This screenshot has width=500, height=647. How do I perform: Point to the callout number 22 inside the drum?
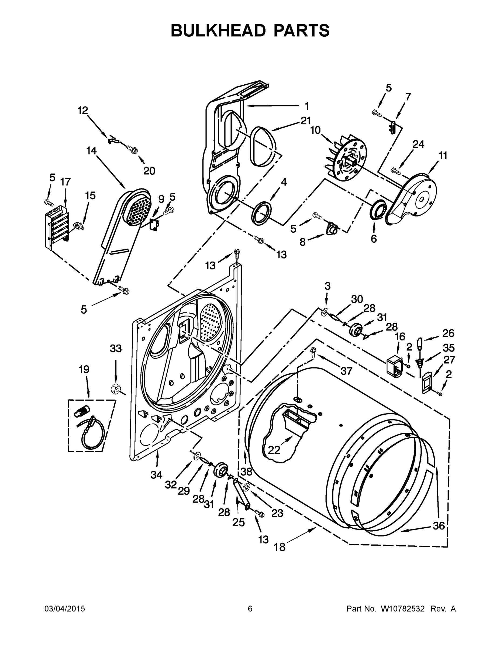[x=274, y=450]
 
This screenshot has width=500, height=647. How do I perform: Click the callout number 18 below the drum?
[x=279, y=547]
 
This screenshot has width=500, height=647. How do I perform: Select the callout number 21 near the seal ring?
[x=305, y=121]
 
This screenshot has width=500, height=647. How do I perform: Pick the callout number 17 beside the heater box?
[x=65, y=182]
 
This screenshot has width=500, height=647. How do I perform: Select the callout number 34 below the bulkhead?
[x=156, y=475]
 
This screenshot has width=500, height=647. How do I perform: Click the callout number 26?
[x=448, y=333]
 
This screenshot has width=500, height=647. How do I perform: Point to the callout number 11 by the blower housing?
[x=443, y=156]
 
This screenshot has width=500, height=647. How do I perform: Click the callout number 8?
[x=302, y=242]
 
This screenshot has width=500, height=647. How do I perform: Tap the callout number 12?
[x=83, y=111]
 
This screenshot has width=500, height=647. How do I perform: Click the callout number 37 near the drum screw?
[x=346, y=371]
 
